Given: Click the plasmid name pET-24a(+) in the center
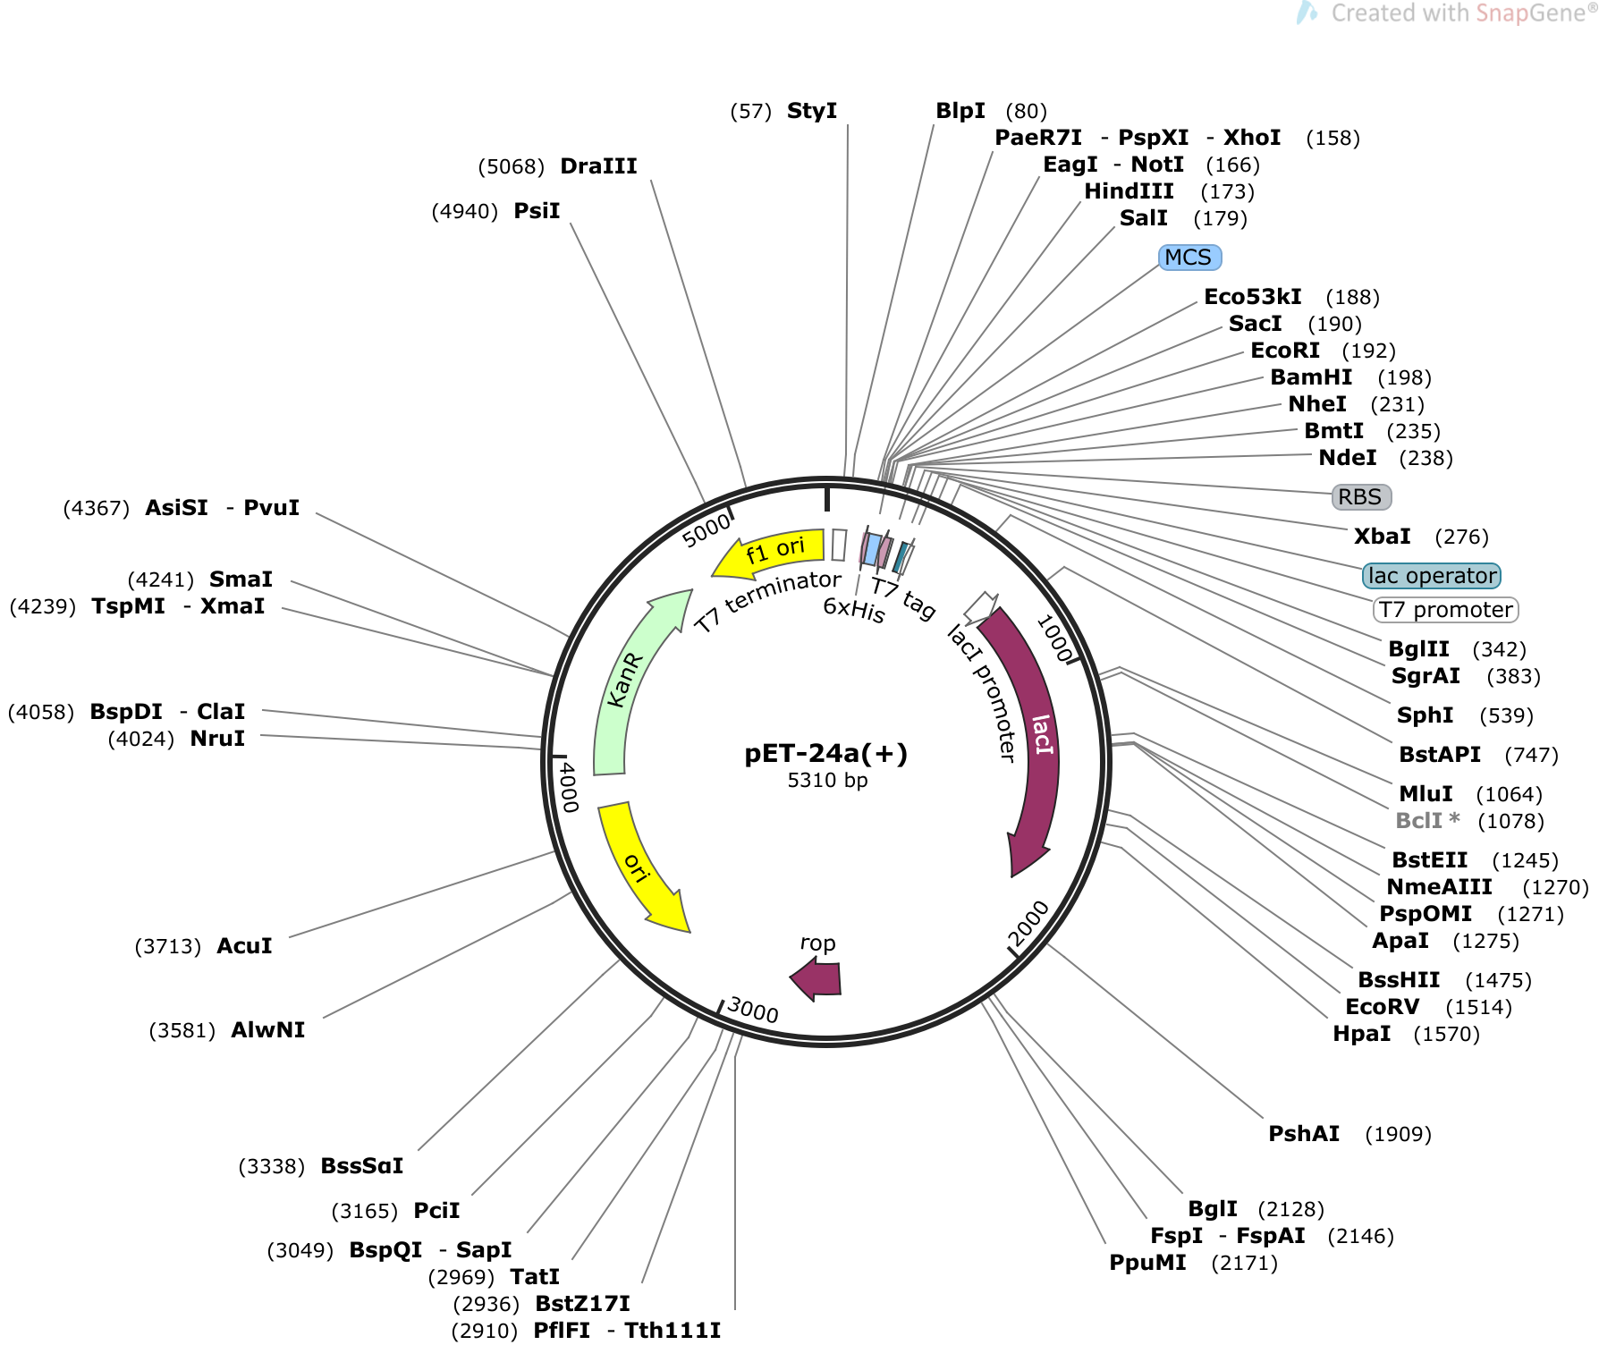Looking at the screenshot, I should [825, 754].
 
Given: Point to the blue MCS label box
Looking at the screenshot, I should [1189, 258].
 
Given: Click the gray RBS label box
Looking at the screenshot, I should [1360, 497].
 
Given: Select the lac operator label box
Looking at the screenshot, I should [1431, 576].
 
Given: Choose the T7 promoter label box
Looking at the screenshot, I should [1445, 610].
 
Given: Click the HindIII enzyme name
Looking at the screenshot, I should [1129, 191].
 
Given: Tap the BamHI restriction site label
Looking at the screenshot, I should [1311, 377].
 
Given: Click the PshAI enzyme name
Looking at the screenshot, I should [1304, 1134].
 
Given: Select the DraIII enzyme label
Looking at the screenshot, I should [598, 166].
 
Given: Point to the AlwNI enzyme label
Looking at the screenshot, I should [267, 1030].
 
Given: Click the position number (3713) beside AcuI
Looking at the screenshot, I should [167, 946].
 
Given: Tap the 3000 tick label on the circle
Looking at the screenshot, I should [753, 1011].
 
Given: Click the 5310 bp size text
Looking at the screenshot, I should [827, 781].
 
